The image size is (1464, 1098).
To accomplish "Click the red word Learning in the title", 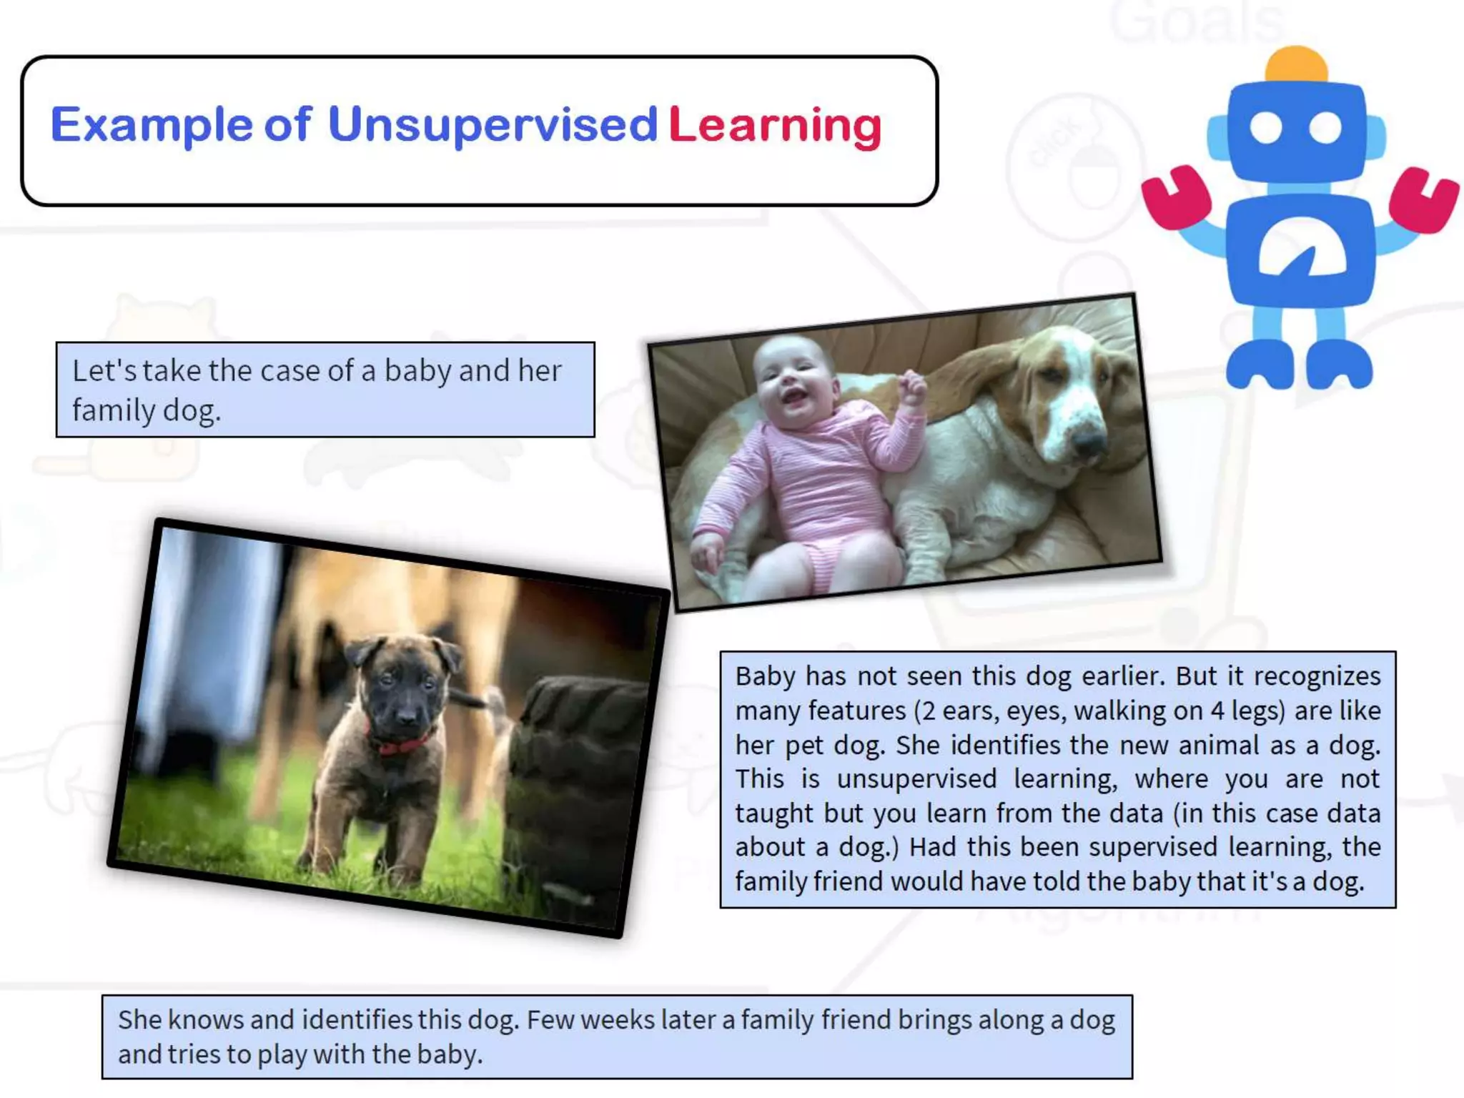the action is (776, 127).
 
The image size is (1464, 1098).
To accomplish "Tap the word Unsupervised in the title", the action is (493, 126).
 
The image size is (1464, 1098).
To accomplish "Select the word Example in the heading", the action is (152, 126).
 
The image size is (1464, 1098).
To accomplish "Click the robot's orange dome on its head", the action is (1296, 64).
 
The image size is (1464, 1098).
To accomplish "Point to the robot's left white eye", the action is (1266, 128).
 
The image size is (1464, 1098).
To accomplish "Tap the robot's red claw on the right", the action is (1423, 199).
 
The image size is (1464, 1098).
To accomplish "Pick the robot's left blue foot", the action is (1260, 365).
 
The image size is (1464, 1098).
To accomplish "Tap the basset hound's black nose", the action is (1089, 445).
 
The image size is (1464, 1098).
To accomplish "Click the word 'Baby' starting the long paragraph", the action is (765, 676).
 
